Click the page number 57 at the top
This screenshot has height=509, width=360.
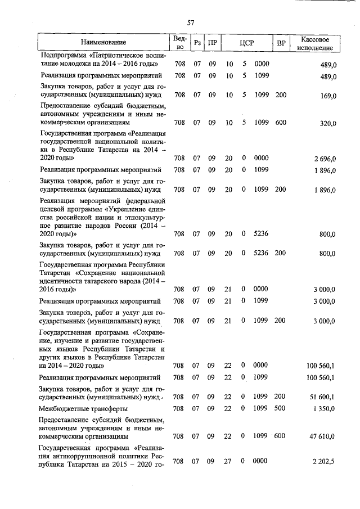pyautogui.click(x=191, y=22)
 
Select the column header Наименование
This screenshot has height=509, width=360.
pyautogui.click(x=103, y=42)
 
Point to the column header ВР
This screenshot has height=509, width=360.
pyautogui.click(x=281, y=42)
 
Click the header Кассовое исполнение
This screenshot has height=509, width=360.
pyautogui.click(x=318, y=42)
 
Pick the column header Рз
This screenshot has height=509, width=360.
pyautogui.click(x=197, y=42)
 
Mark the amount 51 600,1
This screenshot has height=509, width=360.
pyautogui.click(x=323, y=398)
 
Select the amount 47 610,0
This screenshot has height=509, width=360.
pyautogui.click(x=323, y=436)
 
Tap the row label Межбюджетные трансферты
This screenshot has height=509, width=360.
pyautogui.click(x=83, y=409)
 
